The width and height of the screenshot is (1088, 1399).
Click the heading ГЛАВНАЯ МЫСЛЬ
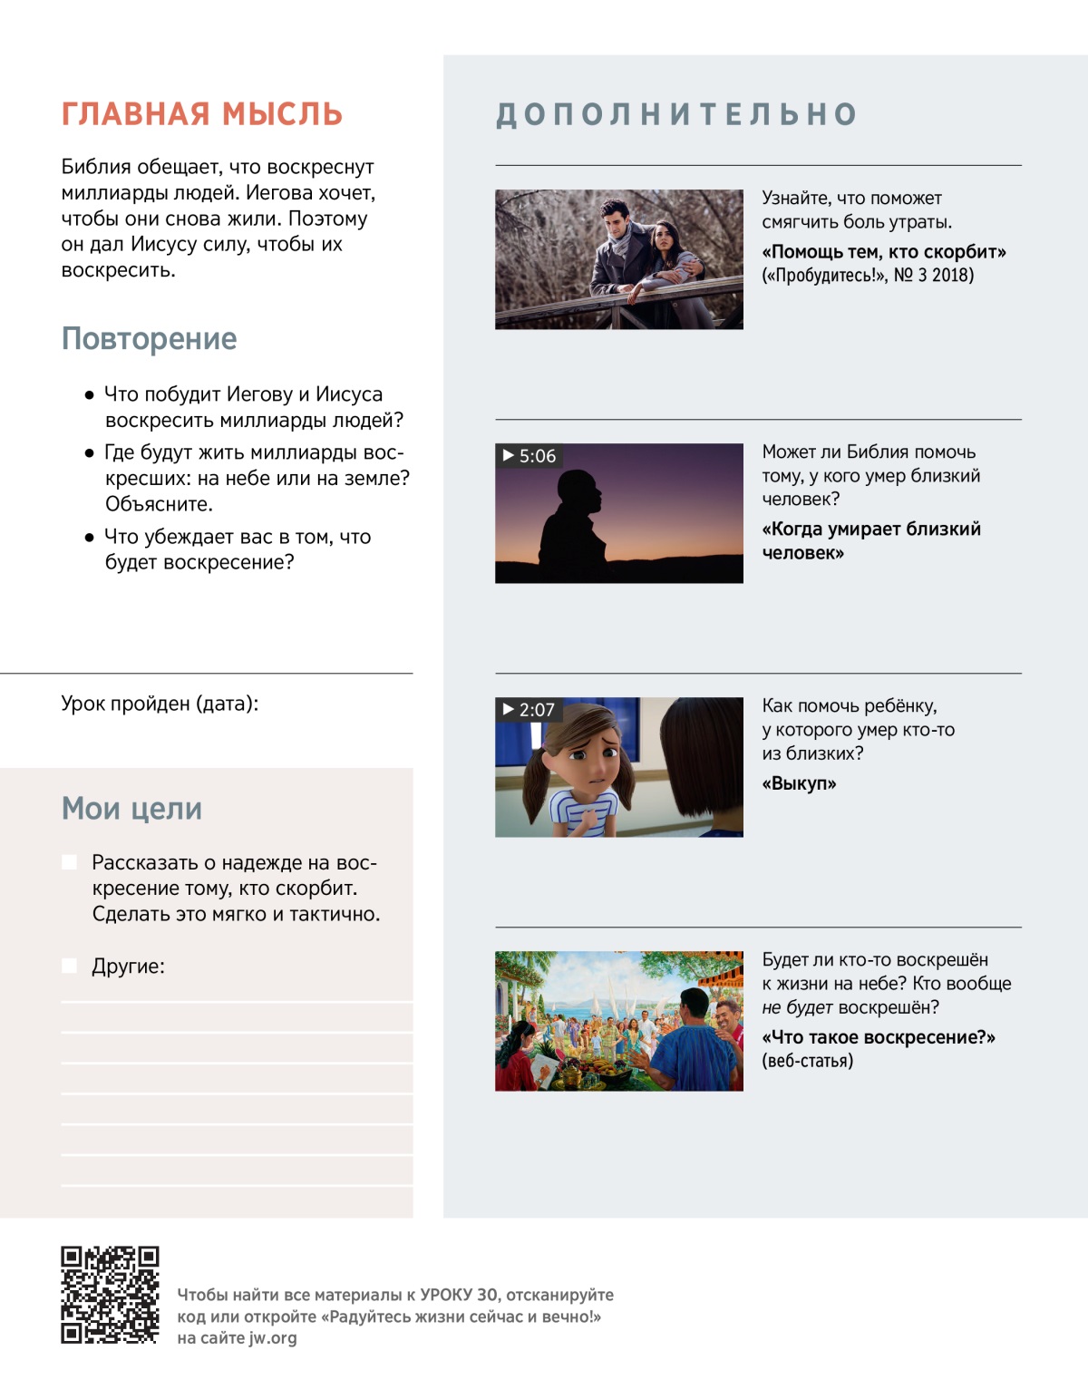coord(201,114)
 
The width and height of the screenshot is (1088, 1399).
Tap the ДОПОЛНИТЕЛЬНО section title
coord(676,114)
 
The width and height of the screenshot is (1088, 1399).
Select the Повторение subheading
coord(149,338)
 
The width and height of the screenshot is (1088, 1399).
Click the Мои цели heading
coord(131,808)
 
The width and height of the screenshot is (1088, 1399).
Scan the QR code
coord(110,1294)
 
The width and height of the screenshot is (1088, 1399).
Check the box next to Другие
coord(69,966)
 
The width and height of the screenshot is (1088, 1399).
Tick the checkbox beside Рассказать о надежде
coord(69,862)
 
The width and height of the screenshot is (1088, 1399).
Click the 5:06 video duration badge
coord(529,456)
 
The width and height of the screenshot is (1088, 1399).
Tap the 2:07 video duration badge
coord(529,710)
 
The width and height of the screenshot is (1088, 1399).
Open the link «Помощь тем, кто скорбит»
coord(884,252)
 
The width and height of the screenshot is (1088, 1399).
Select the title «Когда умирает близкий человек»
coord(870,540)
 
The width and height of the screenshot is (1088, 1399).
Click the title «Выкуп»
coord(799,783)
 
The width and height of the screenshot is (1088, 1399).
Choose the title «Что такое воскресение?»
coord(878,1037)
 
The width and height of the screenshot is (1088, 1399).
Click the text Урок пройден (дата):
coord(160,704)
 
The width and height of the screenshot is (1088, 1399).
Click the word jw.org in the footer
coord(272,1338)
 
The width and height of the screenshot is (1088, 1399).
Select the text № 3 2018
coord(933,276)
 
